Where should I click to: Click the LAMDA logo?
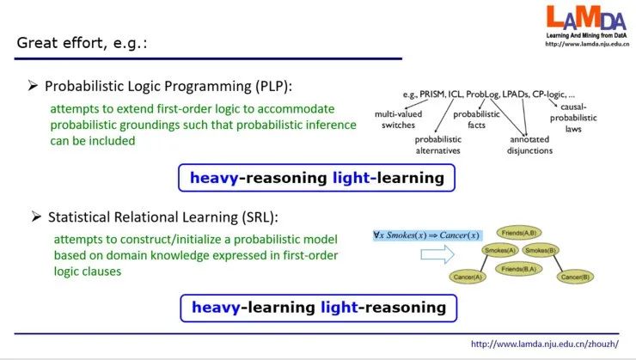coord(586,26)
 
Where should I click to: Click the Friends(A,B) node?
coord(519,233)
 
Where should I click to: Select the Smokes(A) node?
coord(500,250)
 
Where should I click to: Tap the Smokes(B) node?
coord(541,250)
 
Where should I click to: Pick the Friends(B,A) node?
coord(519,269)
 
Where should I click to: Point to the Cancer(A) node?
coord(468,277)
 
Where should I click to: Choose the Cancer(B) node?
coord(575,277)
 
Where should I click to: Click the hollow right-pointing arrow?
coord(437,254)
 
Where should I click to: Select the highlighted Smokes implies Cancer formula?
coord(427,235)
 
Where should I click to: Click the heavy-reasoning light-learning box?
coord(317,178)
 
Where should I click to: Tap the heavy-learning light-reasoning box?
coord(318,308)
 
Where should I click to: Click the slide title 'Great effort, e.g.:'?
coord(82,43)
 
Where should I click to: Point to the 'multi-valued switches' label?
coord(398,119)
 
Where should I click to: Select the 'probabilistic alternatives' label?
coord(438,144)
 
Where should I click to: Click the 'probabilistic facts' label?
coord(477,119)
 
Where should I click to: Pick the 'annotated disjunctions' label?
coord(529,144)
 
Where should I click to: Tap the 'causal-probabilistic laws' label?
coord(573,118)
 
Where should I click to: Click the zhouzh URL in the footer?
coord(545,345)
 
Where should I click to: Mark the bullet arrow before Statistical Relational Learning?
coord(36,217)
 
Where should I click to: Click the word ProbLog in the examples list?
coord(482,95)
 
